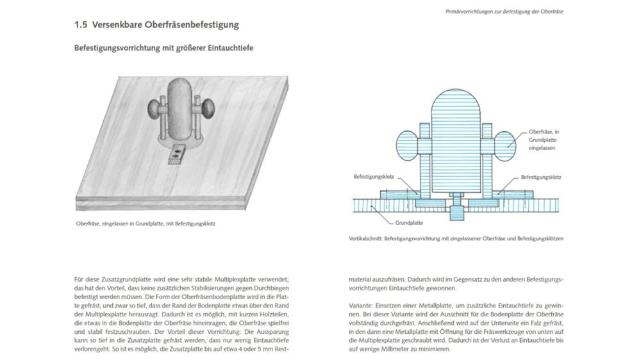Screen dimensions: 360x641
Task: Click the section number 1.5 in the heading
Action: tap(81, 25)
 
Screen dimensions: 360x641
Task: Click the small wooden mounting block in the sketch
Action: tap(178, 152)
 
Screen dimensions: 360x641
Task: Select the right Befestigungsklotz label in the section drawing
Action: tap(541, 176)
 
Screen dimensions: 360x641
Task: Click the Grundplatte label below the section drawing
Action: tap(409, 224)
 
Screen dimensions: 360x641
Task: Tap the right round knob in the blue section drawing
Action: tap(504, 143)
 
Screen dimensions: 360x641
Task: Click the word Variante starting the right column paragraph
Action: tap(360, 306)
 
